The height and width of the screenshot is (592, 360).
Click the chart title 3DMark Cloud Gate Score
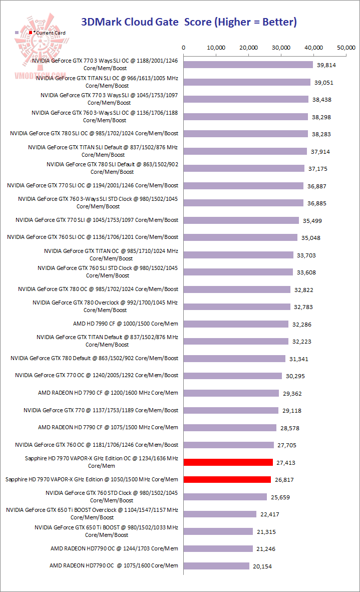tap(189, 22)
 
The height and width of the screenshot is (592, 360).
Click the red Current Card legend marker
tap(31, 33)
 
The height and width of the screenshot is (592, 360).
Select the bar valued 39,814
tap(248, 65)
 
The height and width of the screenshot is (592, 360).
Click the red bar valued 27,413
tap(228, 462)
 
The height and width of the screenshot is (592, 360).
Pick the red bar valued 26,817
tap(227, 479)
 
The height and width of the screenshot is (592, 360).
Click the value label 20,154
tap(262, 566)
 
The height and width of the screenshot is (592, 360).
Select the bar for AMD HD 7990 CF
tap(236, 324)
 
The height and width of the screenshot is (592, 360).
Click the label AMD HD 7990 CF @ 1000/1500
tap(125, 324)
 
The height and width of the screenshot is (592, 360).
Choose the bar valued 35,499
tap(241, 220)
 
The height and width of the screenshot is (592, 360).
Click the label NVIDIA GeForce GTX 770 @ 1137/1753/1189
tap(101, 410)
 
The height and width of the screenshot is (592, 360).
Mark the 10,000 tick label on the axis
tap(216, 48)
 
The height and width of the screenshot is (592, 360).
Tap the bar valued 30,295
tap(233, 376)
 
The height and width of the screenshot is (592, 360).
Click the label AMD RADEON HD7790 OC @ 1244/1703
tap(114, 548)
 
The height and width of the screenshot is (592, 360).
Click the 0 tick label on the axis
tap(184, 48)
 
